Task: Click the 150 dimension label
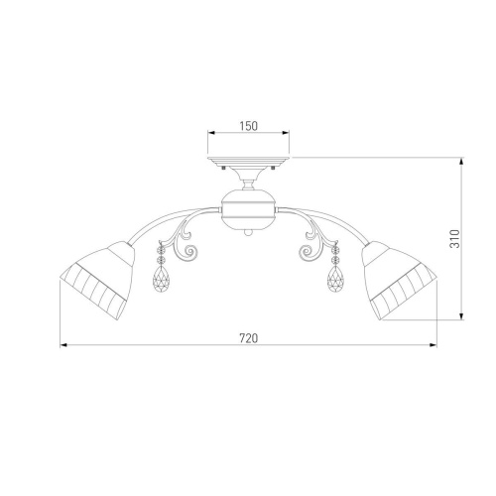point(248,126)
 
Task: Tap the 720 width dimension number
point(248,338)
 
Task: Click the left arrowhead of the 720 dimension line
point(64,345)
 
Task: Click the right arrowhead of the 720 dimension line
point(434,345)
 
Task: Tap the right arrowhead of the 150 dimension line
point(286,133)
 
